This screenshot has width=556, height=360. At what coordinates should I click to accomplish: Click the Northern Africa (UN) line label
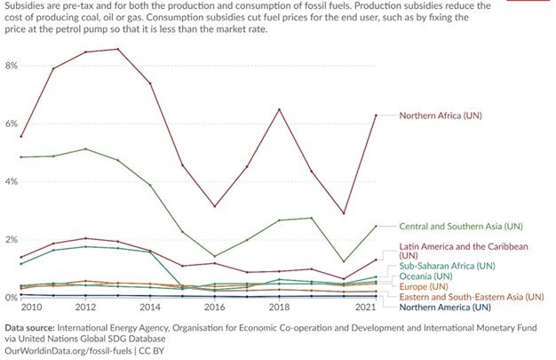443,116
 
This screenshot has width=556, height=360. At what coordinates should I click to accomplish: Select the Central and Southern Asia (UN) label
461,226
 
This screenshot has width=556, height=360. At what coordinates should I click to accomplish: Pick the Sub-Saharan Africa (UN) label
446,265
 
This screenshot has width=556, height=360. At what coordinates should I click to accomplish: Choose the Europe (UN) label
425,286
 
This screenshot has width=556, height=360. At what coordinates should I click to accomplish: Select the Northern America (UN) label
444,308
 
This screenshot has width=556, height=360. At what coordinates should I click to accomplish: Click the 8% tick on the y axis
12,66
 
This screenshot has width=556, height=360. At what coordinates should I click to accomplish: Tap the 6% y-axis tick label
12,124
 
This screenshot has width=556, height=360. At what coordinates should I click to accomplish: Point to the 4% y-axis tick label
12,181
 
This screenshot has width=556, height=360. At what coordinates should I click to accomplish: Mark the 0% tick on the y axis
12,298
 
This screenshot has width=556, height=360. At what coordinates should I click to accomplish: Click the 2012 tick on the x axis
86,308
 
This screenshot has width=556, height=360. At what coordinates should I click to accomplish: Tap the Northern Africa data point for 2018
280,109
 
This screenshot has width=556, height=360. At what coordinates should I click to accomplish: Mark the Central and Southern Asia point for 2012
86,148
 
